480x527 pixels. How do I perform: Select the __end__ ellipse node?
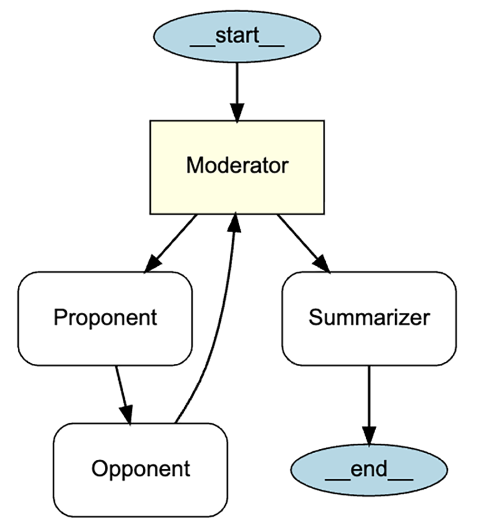coord(369,470)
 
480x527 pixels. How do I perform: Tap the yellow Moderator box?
coord(237,166)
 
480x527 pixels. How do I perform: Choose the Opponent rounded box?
coord(140,469)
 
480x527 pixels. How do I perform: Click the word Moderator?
coord(237,166)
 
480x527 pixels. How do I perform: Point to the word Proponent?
coord(105,318)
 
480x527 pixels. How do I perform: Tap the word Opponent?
coord(140,469)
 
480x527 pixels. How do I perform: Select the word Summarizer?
coord(369,318)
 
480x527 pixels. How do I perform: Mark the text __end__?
coord(369,470)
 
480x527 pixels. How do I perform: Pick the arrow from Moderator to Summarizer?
coord(302,242)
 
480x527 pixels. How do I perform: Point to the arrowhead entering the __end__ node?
coord(369,435)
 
